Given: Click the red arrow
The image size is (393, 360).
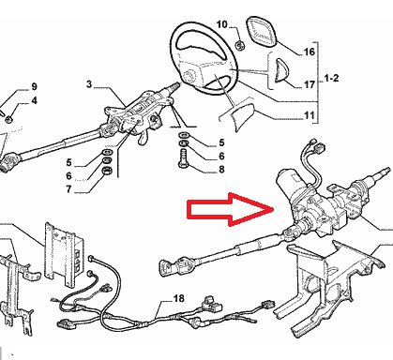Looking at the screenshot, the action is [x=231, y=209].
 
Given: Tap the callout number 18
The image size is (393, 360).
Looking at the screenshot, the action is [x=178, y=298].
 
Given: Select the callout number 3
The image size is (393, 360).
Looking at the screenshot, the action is [x=89, y=83].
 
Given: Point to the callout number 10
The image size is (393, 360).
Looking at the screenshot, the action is [x=221, y=24].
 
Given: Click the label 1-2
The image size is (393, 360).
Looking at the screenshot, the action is [x=331, y=78].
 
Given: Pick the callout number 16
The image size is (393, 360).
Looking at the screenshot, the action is [x=310, y=52].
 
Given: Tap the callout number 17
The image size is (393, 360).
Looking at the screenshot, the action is [x=310, y=84].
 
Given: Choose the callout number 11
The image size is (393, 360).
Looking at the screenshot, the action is [x=310, y=115].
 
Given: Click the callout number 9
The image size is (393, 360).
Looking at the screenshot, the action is [x=34, y=86].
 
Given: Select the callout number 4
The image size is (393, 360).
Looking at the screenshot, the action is [x=34, y=100].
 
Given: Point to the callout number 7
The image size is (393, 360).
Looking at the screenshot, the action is [x=68, y=189].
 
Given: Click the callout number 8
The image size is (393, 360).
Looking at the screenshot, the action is [x=221, y=170].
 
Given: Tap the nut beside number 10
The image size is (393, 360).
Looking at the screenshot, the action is [x=240, y=46].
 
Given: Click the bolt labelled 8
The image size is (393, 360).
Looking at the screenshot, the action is [x=183, y=158].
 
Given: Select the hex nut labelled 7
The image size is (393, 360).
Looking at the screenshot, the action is [x=108, y=171].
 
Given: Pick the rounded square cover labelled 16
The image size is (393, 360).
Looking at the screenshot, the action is [x=261, y=32].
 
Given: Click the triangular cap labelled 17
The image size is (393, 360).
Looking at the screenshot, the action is [x=283, y=70].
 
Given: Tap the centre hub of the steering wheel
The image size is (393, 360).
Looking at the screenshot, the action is [x=189, y=76].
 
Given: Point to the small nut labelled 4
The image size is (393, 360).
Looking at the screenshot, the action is [x=9, y=119].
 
